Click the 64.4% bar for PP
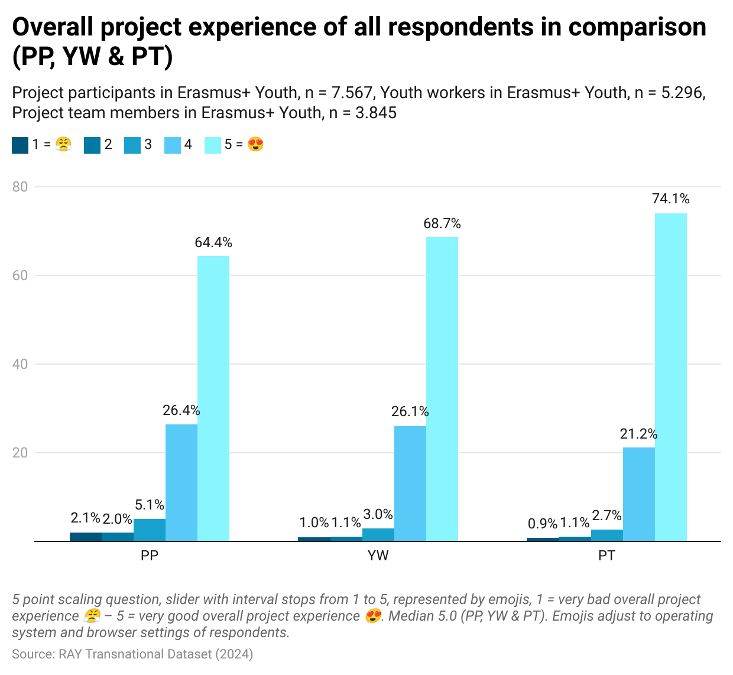coord(213,398)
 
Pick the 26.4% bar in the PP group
coord(181,482)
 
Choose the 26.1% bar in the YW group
coord(410,483)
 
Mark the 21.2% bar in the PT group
coord(638,494)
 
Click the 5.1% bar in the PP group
coord(149,530)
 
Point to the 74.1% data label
coord(670,199)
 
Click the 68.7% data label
coord(442,223)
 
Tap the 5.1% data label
coord(149,505)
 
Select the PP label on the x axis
coord(150,556)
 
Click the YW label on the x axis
coord(378,556)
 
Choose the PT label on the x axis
coord(606,556)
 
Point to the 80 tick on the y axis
coord(20,187)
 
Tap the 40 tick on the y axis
coord(20,364)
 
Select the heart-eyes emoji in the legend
coord(255,145)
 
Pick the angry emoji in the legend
coord(63,145)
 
